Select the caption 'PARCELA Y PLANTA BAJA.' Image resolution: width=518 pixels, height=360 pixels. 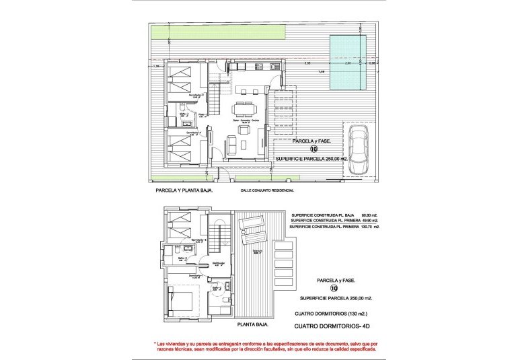(x=184, y=190)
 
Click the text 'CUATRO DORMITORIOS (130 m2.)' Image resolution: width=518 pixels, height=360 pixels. (x=331, y=314)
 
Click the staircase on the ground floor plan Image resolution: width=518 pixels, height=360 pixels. (x=215, y=101)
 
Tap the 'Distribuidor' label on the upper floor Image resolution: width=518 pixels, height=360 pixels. (x=217, y=263)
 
